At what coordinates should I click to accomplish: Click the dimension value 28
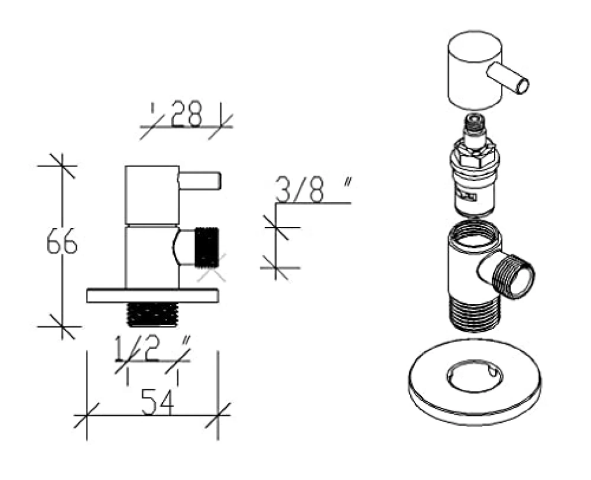pos(186,113)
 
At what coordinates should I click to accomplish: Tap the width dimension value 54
pos(158,402)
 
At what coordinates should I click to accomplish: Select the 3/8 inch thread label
pos(313,189)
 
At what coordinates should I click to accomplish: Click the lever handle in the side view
pos(200,181)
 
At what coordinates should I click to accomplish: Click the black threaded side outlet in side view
pos(207,247)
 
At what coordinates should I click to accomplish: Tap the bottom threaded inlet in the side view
pos(152,314)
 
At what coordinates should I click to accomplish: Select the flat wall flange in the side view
pos(152,296)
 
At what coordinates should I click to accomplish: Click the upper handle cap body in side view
pos(152,195)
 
